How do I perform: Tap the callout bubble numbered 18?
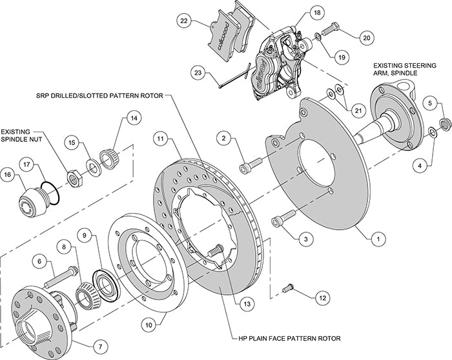pyautogui.click(x=316, y=12)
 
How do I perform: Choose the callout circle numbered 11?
pyautogui.click(x=160, y=137)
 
